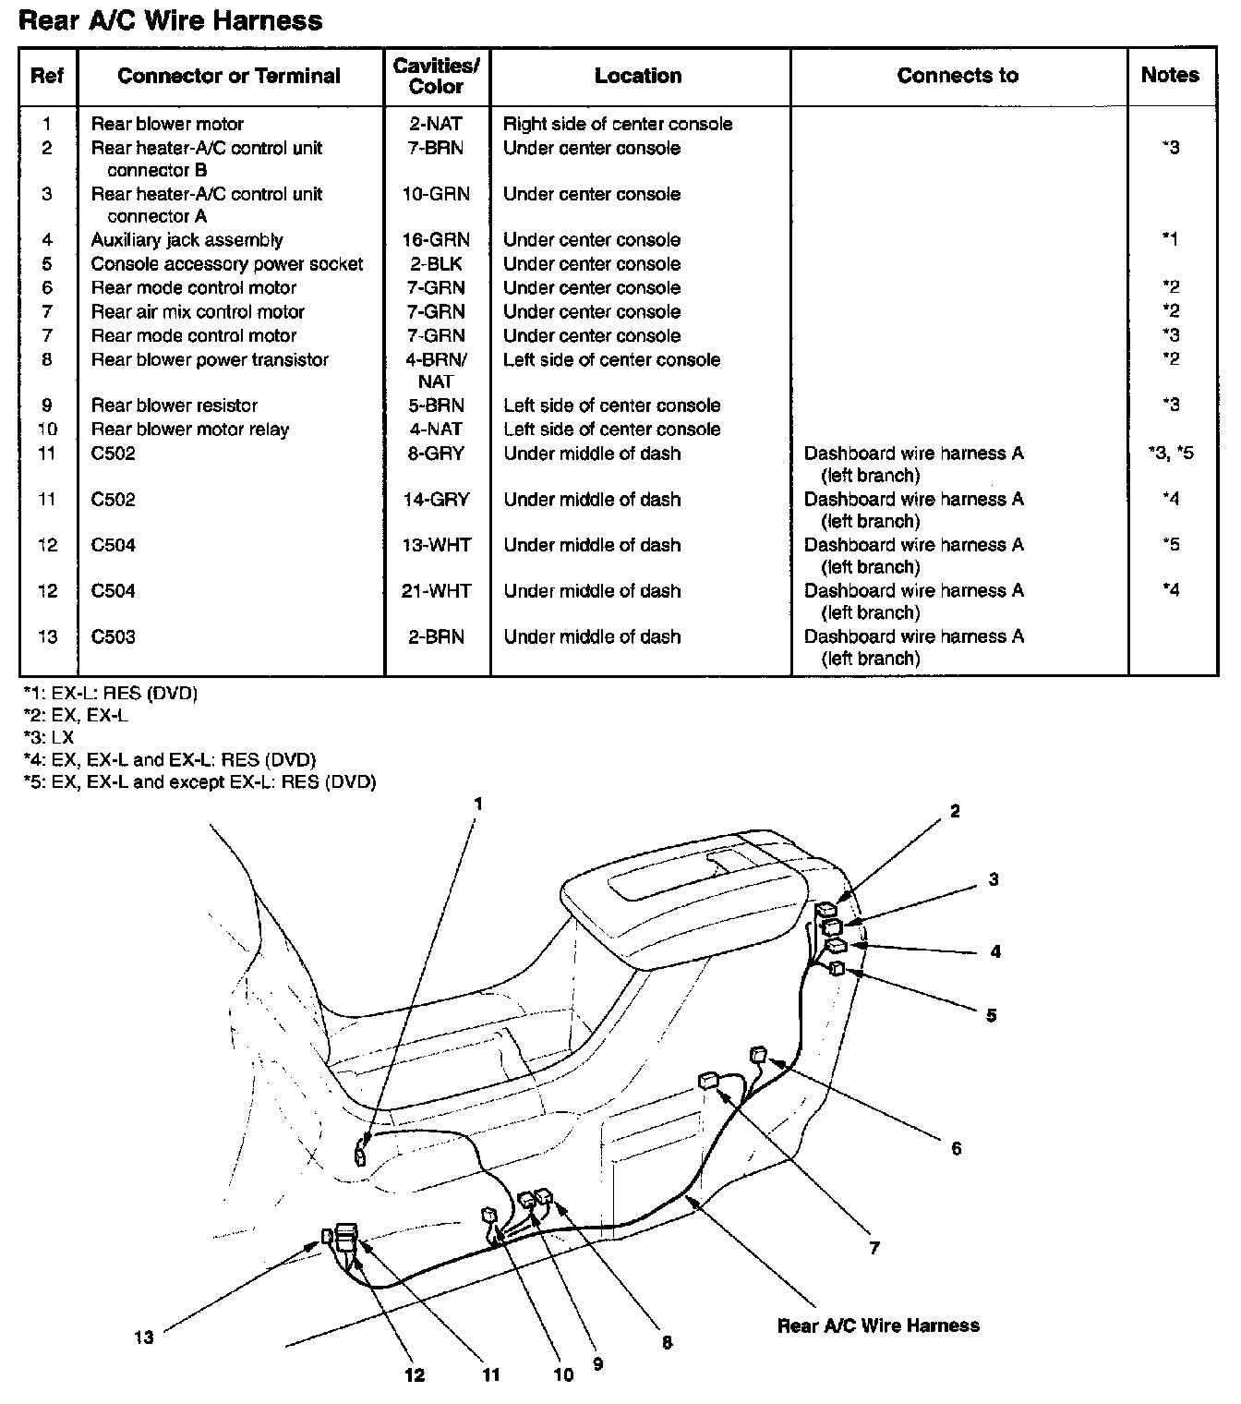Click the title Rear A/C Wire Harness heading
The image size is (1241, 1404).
pos(171,21)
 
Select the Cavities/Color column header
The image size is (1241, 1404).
pos(436,76)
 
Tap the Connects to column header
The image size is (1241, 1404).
pos(958,76)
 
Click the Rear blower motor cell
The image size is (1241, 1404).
pos(167,124)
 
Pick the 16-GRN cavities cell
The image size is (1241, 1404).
pos(436,240)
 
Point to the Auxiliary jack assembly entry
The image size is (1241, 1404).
pos(187,240)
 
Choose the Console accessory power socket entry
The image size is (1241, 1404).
pos(226,264)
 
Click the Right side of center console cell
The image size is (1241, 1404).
pos(618,124)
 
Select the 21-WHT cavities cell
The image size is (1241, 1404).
pos(436,591)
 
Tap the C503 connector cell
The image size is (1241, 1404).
pos(113,637)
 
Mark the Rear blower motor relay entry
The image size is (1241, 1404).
pos(189,430)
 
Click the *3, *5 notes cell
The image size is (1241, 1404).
pos(1170,454)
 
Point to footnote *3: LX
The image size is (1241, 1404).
pos(48,738)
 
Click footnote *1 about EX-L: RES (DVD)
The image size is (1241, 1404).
pos(110,693)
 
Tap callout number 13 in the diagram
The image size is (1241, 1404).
pos(143,1337)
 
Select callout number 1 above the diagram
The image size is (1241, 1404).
pos(477,805)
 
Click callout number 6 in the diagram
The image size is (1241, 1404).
pos(956,1148)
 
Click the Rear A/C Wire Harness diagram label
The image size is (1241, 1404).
pos(878,1326)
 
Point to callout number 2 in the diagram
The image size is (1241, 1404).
pos(955,812)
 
